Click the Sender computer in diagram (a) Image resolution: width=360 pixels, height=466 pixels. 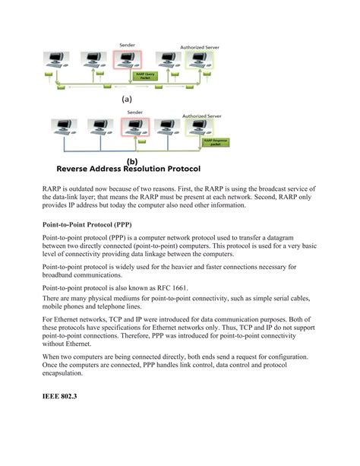[x=127, y=62]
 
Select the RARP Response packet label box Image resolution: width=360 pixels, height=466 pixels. [x=216, y=141]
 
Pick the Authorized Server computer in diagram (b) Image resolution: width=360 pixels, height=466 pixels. [x=200, y=128]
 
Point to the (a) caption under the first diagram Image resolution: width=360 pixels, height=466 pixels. [x=126, y=99]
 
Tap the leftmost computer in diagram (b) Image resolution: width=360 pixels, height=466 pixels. [x=62, y=127]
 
